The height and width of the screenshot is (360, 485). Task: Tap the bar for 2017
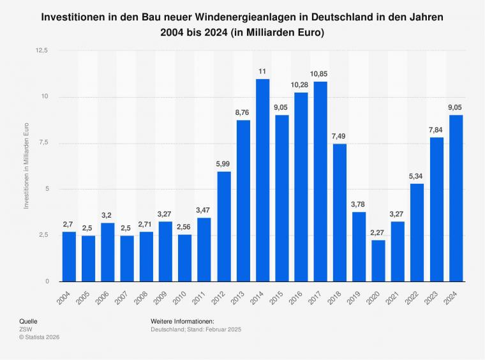click(320, 181)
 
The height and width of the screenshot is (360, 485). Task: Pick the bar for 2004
click(69, 256)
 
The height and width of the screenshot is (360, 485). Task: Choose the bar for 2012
click(224, 226)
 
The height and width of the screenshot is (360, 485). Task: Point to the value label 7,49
click(339, 135)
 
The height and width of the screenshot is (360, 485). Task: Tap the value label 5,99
click(224, 163)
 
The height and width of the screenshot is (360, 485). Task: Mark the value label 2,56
click(185, 226)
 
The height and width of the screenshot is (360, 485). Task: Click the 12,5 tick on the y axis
click(43, 50)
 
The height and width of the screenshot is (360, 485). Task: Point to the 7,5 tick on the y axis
click(44, 143)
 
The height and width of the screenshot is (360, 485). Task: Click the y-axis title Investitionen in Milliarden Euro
click(26, 166)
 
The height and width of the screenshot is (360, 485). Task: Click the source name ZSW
click(26, 329)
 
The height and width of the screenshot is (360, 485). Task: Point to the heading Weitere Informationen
click(183, 321)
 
